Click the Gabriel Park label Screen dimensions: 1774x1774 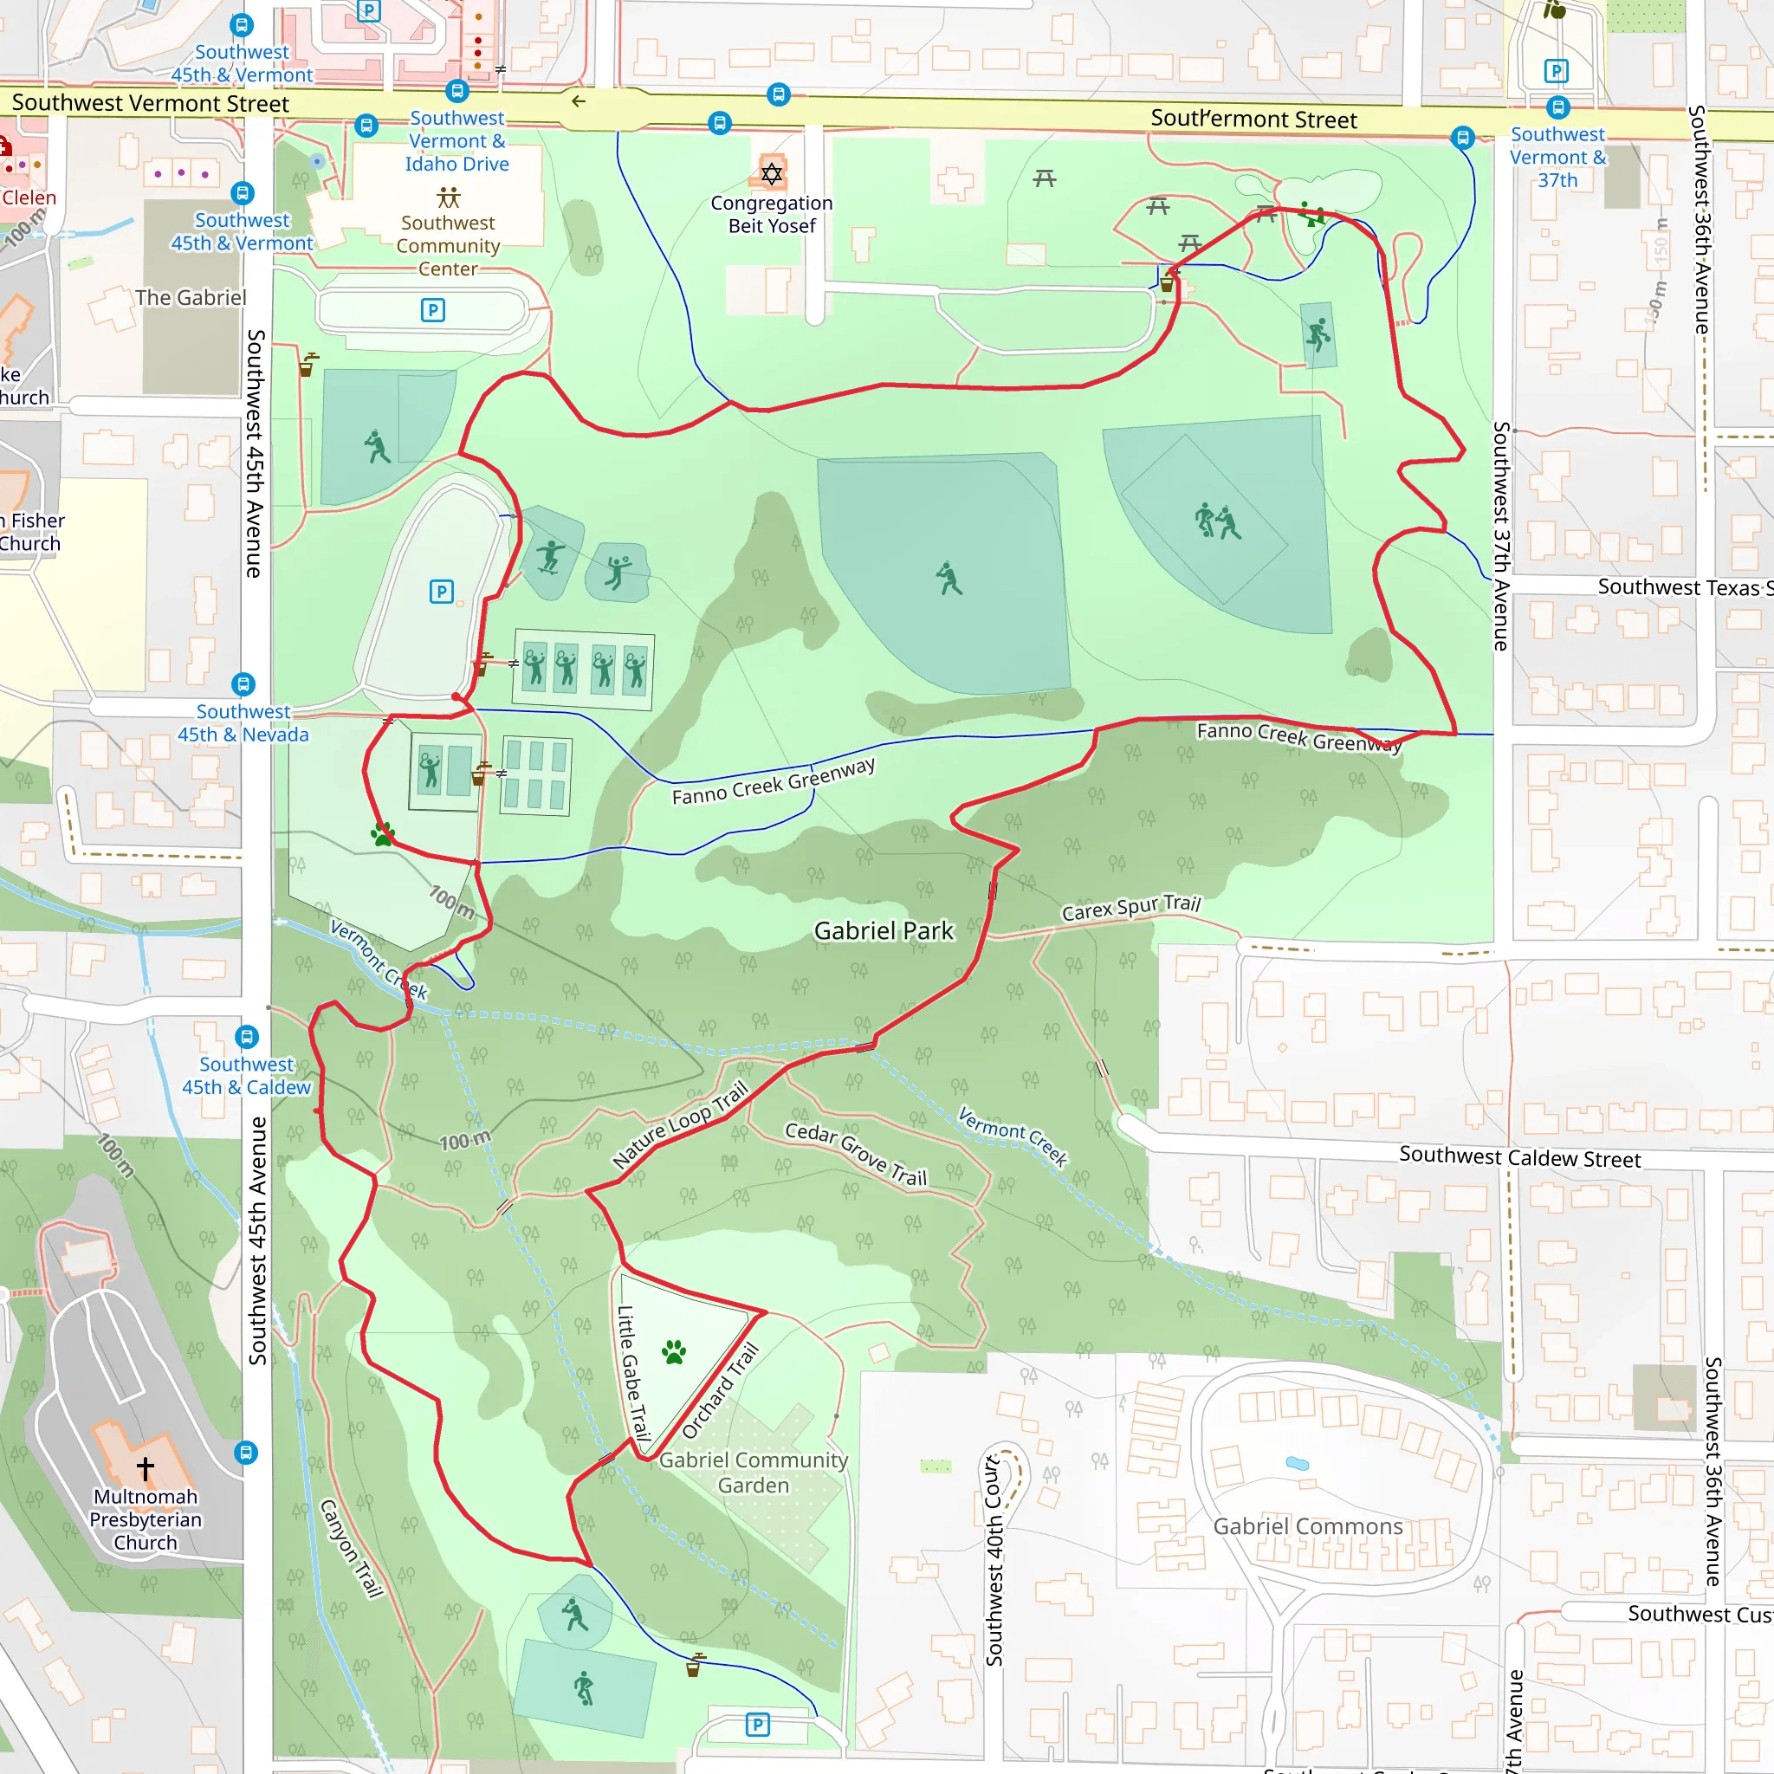pyautogui.click(x=884, y=931)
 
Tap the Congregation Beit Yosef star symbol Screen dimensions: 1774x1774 pyautogui.click(x=771, y=173)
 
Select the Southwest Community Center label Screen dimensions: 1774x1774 pyautogui.click(x=448, y=245)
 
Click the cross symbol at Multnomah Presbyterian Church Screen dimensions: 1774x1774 pyautogui.click(x=145, y=1468)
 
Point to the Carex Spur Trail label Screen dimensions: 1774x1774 pyautogui.click(x=1130, y=908)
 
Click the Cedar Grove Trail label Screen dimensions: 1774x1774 pyautogui.click(x=856, y=1154)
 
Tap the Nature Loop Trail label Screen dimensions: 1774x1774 pyautogui.click(x=680, y=1125)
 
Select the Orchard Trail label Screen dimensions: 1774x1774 pyautogui.click(x=721, y=1390)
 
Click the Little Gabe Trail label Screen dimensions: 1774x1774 pyautogui.click(x=632, y=1373)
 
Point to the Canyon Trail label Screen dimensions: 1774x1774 pyautogui.click(x=351, y=1548)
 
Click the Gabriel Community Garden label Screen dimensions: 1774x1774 pyautogui.click(x=753, y=1473)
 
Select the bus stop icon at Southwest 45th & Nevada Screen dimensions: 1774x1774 pyautogui.click(x=243, y=684)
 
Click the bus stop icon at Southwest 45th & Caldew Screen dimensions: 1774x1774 pyautogui.click(x=246, y=1037)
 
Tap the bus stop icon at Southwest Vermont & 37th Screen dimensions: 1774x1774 pyautogui.click(x=1557, y=107)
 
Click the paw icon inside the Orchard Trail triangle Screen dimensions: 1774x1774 pyautogui.click(x=674, y=1351)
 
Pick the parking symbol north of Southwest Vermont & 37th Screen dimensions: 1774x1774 pyautogui.click(x=1556, y=71)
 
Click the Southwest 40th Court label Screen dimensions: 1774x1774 pyautogui.click(x=994, y=1560)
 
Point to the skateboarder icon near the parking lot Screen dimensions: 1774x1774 pyautogui.click(x=550, y=555)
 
